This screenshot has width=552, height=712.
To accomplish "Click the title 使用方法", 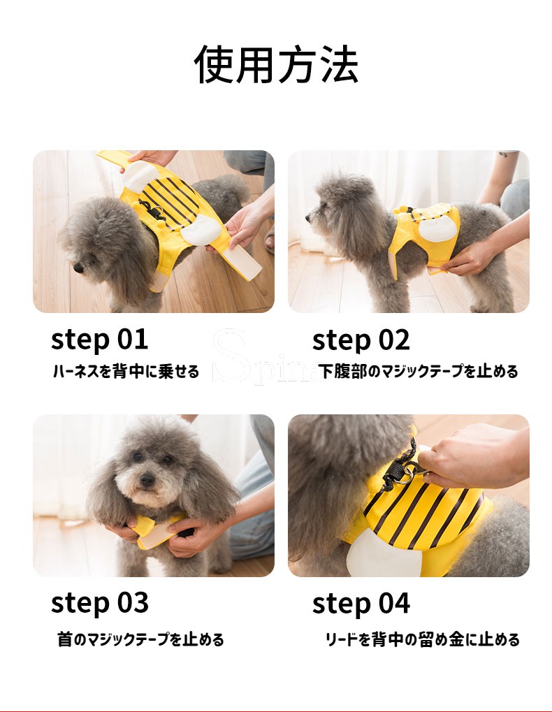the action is click(276, 64).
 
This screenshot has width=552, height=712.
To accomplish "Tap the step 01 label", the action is click(99, 339).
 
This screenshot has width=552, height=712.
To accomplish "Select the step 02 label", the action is click(361, 340).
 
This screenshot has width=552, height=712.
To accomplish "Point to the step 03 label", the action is click(100, 602).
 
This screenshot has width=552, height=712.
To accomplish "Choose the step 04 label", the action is click(361, 604).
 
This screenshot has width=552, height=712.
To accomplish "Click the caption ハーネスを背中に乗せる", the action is click(126, 371).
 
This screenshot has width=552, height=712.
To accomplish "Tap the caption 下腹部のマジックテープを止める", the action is click(418, 371).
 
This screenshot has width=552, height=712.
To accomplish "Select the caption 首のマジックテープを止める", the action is click(140, 639).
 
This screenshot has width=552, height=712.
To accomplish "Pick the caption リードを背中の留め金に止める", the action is click(423, 639).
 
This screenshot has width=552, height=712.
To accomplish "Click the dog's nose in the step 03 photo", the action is click(147, 479).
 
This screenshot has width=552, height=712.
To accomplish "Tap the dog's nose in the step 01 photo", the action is click(78, 268).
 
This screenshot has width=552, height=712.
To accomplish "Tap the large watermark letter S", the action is click(230, 356).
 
